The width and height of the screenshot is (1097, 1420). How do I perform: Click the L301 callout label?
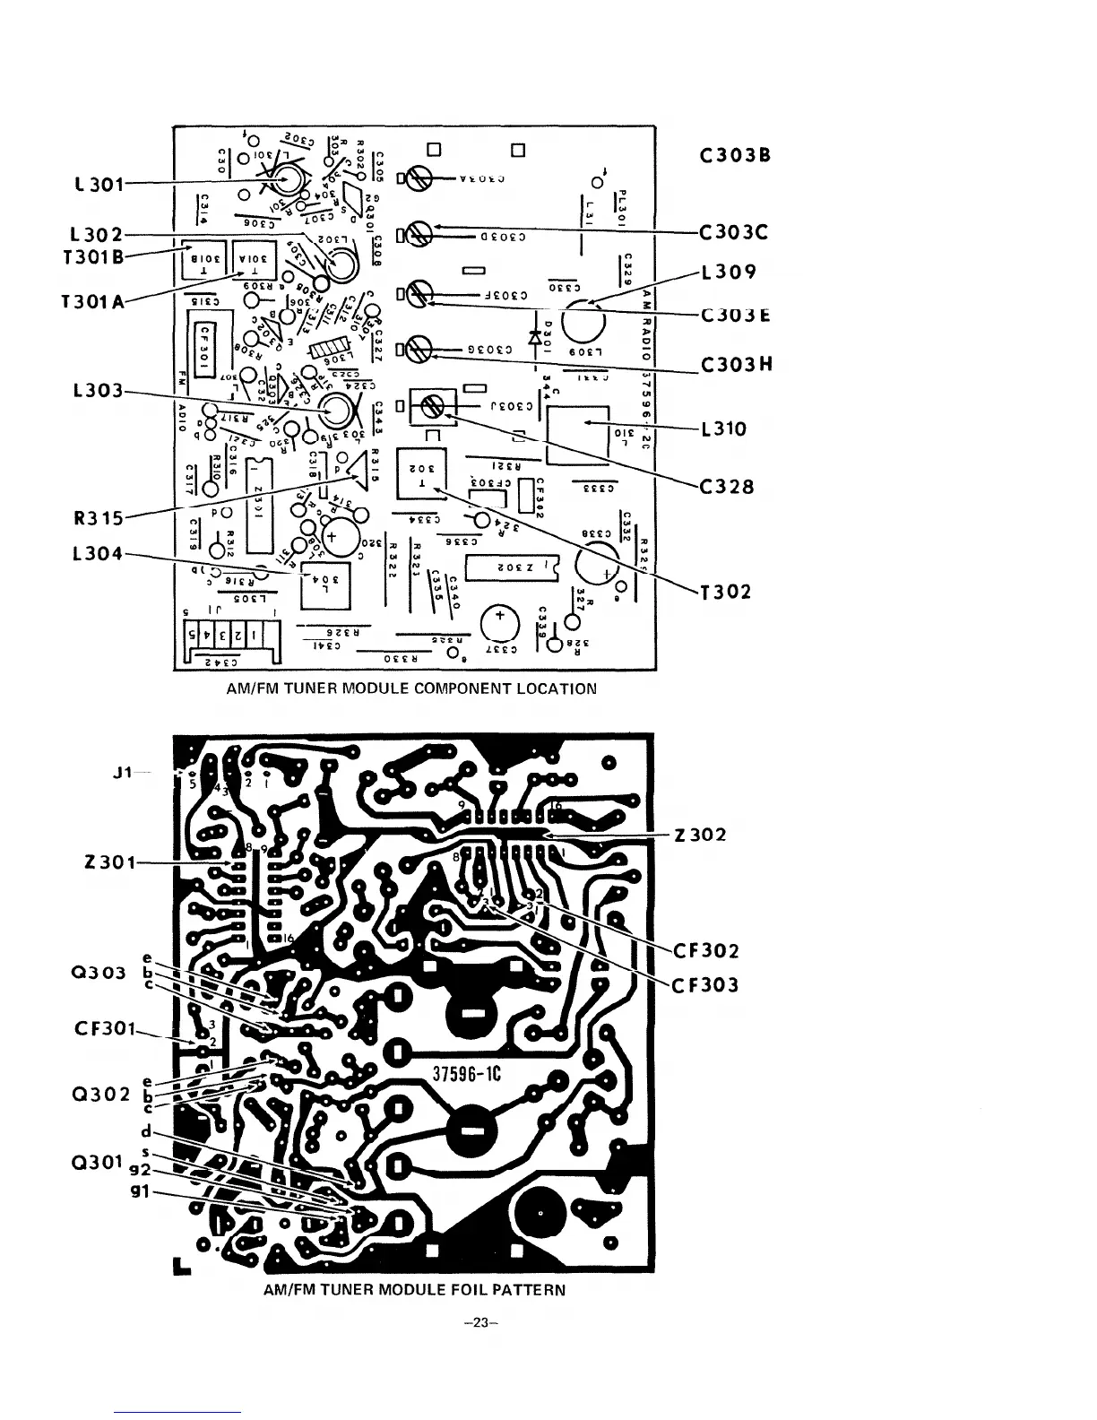(92, 186)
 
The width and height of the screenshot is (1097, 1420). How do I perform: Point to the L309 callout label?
(730, 272)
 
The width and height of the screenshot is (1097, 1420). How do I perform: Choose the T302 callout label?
(725, 592)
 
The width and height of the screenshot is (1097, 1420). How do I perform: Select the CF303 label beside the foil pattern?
(706, 985)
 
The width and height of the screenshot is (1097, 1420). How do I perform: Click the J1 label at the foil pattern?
(124, 772)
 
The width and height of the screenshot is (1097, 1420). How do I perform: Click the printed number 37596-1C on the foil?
(471, 1077)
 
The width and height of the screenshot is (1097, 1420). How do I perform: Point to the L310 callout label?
(724, 429)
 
